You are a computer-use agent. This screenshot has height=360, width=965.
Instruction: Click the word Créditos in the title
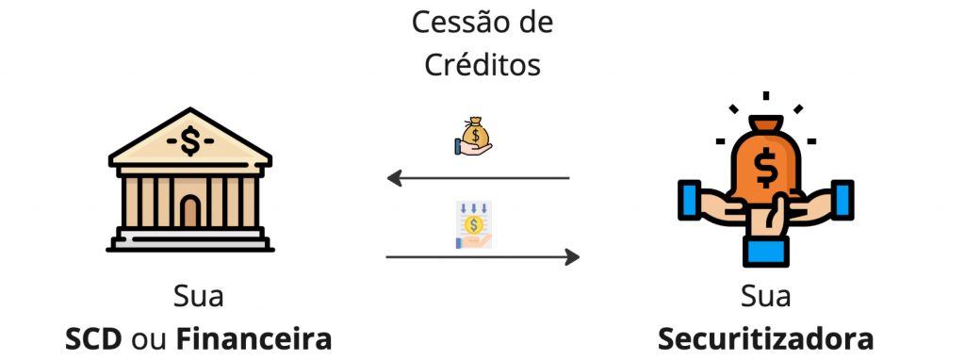[x=482, y=63]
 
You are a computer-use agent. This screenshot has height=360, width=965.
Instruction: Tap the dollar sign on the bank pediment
[x=190, y=141]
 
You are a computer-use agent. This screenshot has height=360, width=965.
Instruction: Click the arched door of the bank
[x=190, y=211]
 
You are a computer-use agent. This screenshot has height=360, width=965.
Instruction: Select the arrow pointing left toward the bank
[x=478, y=178]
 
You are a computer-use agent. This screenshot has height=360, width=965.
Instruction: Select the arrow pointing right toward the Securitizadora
[x=482, y=256]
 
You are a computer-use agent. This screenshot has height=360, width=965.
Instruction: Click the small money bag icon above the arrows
[x=473, y=136]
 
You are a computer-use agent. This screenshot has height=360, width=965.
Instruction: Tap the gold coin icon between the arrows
[x=473, y=225]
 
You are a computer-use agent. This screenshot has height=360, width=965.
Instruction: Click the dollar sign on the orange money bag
[x=766, y=168]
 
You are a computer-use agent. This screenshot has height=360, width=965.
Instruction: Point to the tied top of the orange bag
[x=765, y=123]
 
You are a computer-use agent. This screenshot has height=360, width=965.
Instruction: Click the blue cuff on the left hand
[x=689, y=200]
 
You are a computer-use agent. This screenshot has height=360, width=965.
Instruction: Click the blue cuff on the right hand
[x=842, y=200]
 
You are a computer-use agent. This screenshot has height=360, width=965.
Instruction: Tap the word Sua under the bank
[x=198, y=297]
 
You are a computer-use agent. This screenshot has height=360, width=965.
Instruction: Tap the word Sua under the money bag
[x=765, y=297]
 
